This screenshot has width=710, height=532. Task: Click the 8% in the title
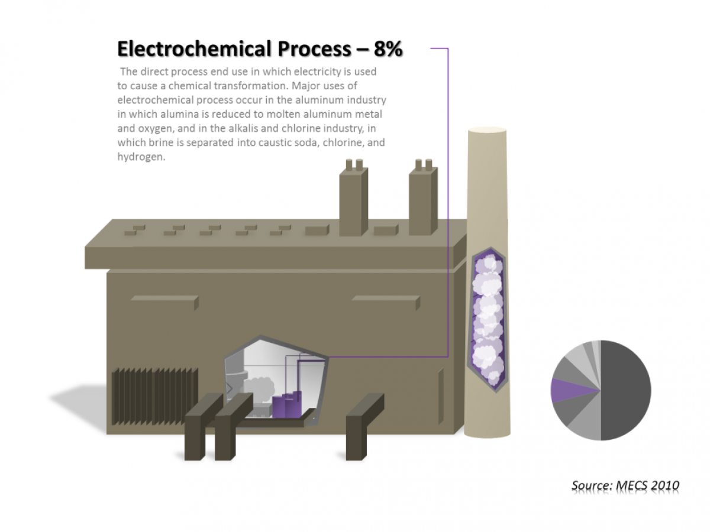click(388, 49)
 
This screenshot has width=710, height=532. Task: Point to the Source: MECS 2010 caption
click(625, 486)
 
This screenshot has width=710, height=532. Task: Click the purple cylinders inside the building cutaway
click(288, 406)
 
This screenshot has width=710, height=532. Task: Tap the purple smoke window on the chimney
click(488, 319)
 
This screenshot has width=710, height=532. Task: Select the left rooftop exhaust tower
click(353, 201)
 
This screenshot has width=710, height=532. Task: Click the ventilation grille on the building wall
click(155, 396)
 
